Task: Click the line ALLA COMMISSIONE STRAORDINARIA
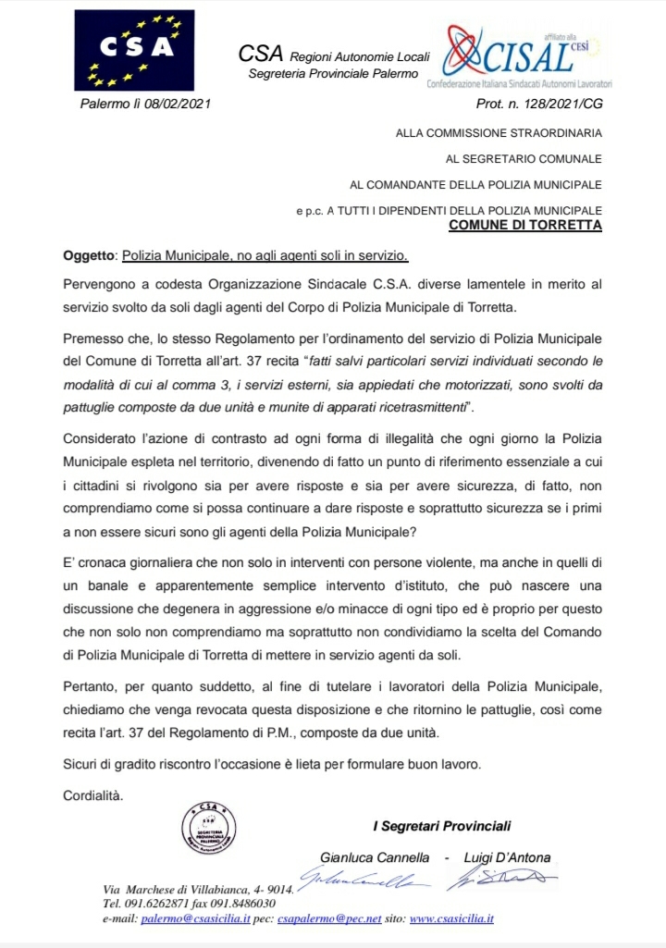pos(499,132)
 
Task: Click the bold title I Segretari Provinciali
pos(441,825)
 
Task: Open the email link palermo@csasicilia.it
pos(194,918)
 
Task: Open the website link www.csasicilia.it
pos(451,918)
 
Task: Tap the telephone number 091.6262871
pos(159,904)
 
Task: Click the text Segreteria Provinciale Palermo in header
pos(333,73)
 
